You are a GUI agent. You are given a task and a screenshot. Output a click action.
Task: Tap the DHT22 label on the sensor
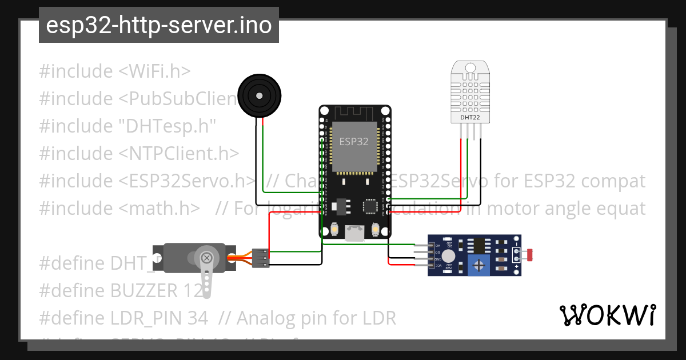point(470,118)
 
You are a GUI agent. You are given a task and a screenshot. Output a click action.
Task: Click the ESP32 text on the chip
point(354,142)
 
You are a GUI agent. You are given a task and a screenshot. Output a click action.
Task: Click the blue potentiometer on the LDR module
point(478,265)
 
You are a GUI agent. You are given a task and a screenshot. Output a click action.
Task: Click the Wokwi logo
point(607,315)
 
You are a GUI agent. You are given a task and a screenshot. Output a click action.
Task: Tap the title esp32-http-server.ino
point(158,25)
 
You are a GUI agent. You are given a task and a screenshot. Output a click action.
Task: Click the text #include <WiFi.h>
point(114,71)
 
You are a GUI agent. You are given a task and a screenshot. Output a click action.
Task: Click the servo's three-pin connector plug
point(260,258)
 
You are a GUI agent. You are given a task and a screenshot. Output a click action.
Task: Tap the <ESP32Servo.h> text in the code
point(187,181)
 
